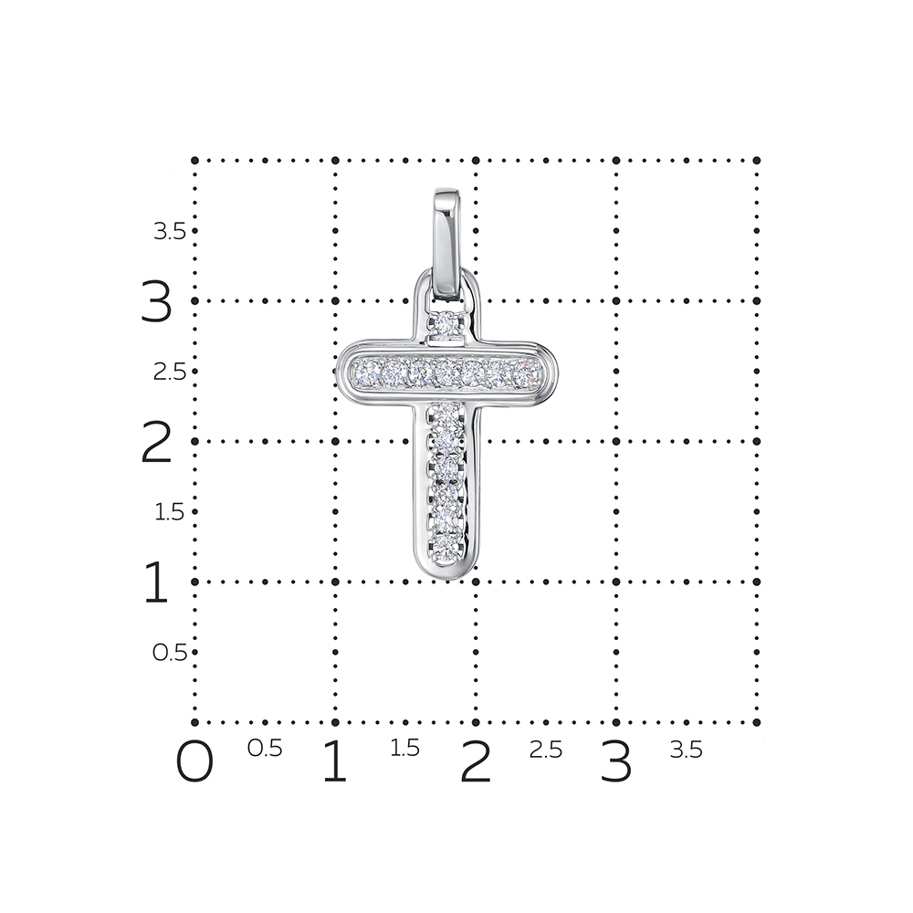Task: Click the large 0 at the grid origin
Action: [x=194, y=761]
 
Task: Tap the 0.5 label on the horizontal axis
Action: [x=265, y=749]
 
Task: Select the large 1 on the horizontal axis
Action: [x=335, y=761]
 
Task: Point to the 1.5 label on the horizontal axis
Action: [x=404, y=749]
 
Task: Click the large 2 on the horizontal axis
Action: [x=476, y=761]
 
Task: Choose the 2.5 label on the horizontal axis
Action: [x=546, y=750]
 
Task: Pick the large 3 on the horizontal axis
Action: [x=616, y=761]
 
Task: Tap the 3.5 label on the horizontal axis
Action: [x=687, y=750]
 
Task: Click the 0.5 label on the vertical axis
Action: [x=170, y=653]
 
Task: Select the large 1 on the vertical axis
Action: [x=156, y=582]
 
